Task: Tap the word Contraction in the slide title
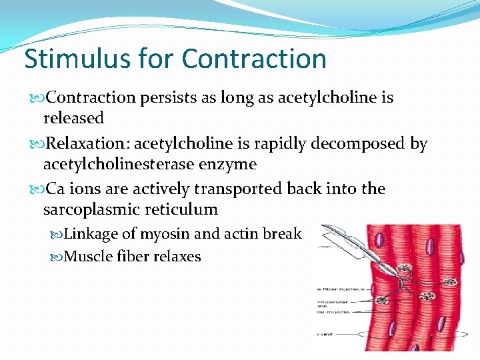253,59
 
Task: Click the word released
73,119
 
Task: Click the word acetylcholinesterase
118,164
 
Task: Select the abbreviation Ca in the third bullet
56,189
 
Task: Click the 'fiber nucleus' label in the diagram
333,289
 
